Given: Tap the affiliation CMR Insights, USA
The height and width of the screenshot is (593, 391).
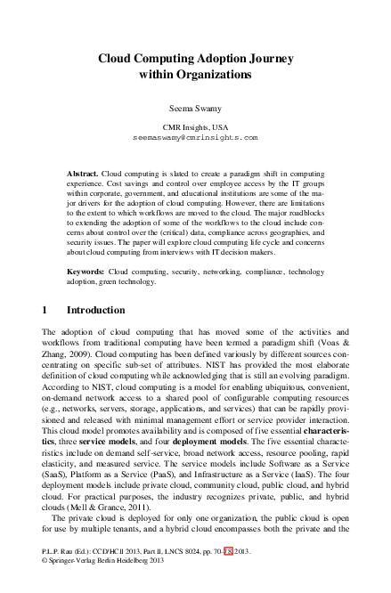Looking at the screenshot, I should pyautogui.click(x=195, y=128).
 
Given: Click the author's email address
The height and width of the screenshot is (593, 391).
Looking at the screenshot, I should pyautogui.click(x=195, y=140).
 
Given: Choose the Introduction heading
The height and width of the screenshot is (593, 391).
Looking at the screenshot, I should pyautogui.click(x=96, y=310).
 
